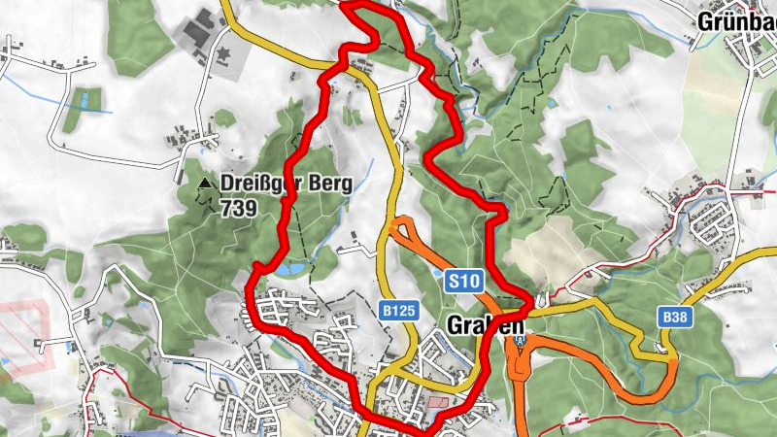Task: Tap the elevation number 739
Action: (238, 207)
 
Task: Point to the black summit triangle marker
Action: (204, 183)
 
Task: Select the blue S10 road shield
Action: (462, 281)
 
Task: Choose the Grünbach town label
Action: (736, 20)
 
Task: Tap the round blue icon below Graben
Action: (522, 341)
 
